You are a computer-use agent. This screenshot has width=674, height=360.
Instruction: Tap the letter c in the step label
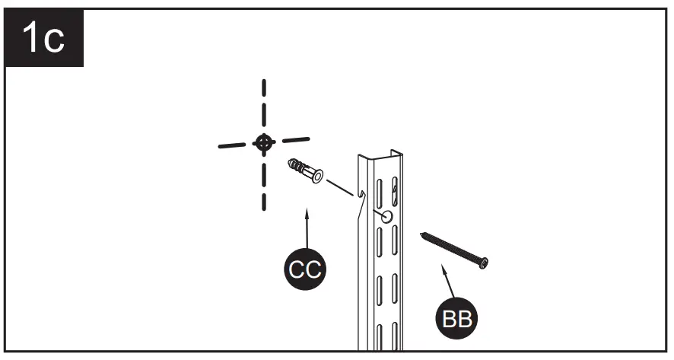click(54, 40)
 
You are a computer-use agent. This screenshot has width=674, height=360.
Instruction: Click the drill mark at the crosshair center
click(263, 142)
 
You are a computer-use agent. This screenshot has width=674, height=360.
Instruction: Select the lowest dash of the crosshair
click(263, 199)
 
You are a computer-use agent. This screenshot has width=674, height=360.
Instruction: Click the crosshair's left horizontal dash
click(231, 145)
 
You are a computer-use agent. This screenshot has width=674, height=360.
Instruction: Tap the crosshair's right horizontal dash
click(295, 139)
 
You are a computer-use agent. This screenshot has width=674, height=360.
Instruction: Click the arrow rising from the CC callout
click(306, 228)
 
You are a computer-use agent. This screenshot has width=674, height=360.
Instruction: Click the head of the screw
click(483, 263)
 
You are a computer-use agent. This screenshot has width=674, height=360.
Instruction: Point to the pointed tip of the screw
click(421, 234)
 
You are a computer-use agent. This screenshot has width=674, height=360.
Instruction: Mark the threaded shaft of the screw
click(450, 247)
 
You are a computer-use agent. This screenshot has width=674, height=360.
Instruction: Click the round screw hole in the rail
click(386, 217)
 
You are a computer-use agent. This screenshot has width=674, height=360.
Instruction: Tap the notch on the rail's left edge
click(358, 196)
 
